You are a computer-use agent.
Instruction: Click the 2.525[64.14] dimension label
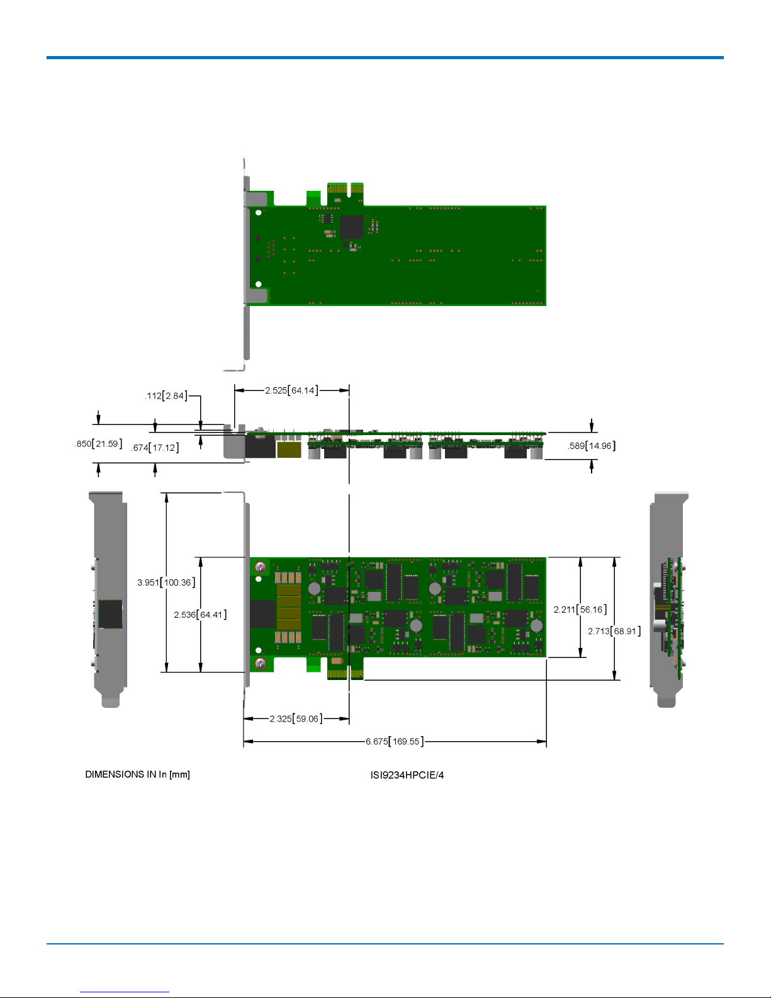[x=291, y=390]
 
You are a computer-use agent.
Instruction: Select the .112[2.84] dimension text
[x=166, y=396]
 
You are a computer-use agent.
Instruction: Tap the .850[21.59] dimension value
[x=98, y=444]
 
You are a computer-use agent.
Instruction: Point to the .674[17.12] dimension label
[x=155, y=448]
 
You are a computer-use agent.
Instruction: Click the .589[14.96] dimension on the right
[x=592, y=446]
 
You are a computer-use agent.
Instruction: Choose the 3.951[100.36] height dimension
[x=166, y=582]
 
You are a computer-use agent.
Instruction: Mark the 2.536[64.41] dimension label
[x=200, y=615]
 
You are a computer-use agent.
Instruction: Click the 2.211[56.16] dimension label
[x=580, y=610]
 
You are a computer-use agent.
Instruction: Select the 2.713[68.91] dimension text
[x=614, y=631]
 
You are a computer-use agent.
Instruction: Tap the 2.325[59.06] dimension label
[x=296, y=718]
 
